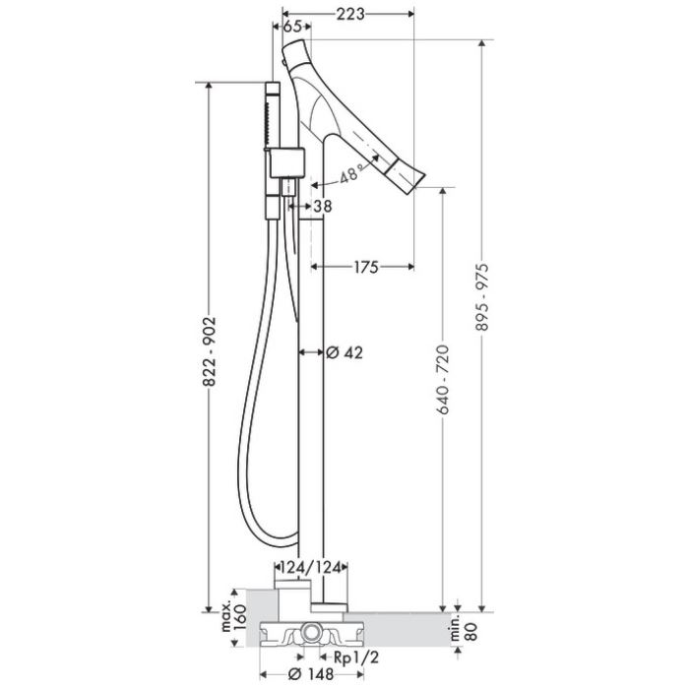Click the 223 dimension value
coord(350,15)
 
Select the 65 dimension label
coord(291,27)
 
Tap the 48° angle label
coord(351,172)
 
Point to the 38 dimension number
coord(323,206)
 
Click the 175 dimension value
coord(366,267)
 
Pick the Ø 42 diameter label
coord(344,352)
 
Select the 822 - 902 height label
coord(210,351)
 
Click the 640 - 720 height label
coord(443,380)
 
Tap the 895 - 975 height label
coord(482,297)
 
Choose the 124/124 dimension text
coord(311,568)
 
